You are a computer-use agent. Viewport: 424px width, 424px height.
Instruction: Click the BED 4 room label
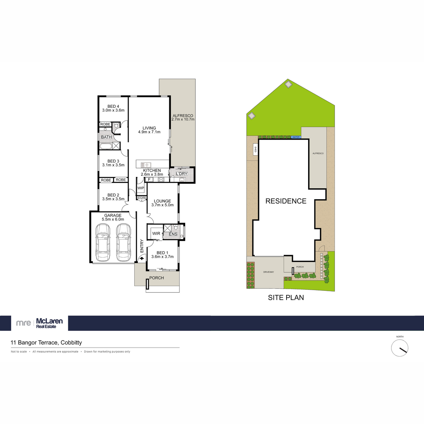tap(113, 106)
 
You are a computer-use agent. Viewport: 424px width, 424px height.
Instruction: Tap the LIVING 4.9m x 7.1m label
tap(149, 130)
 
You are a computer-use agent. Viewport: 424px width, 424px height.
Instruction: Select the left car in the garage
tap(103, 242)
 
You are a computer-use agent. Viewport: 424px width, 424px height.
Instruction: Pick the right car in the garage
tap(123, 242)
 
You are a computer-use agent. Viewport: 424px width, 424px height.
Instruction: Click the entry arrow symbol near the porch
tap(142, 258)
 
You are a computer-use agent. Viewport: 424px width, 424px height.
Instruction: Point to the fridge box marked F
tap(149, 179)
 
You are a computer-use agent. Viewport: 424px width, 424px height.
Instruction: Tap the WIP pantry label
tap(141, 188)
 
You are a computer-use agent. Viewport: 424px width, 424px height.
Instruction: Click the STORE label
tap(141, 198)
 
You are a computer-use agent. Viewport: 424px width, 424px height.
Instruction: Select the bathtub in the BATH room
tap(106, 146)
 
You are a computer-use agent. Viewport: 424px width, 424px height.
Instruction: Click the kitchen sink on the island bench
tap(146, 165)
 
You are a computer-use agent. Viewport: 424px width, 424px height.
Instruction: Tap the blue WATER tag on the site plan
tap(296, 137)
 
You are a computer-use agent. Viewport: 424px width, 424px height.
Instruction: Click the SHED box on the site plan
tap(255, 149)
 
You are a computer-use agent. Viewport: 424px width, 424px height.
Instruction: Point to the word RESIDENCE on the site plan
tap(286, 201)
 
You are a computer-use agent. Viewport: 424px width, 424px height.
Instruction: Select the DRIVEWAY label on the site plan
tap(269, 272)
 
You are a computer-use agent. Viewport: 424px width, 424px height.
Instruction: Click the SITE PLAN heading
tap(286, 298)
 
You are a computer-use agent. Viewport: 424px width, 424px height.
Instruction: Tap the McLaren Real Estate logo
tap(40, 323)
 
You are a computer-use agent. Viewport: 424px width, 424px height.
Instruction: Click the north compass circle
tap(400, 348)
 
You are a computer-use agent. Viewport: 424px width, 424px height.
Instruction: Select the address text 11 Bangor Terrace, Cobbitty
tap(46, 343)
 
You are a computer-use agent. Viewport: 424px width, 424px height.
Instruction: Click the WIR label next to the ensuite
tap(156, 234)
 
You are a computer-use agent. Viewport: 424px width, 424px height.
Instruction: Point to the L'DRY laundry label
tap(182, 174)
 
